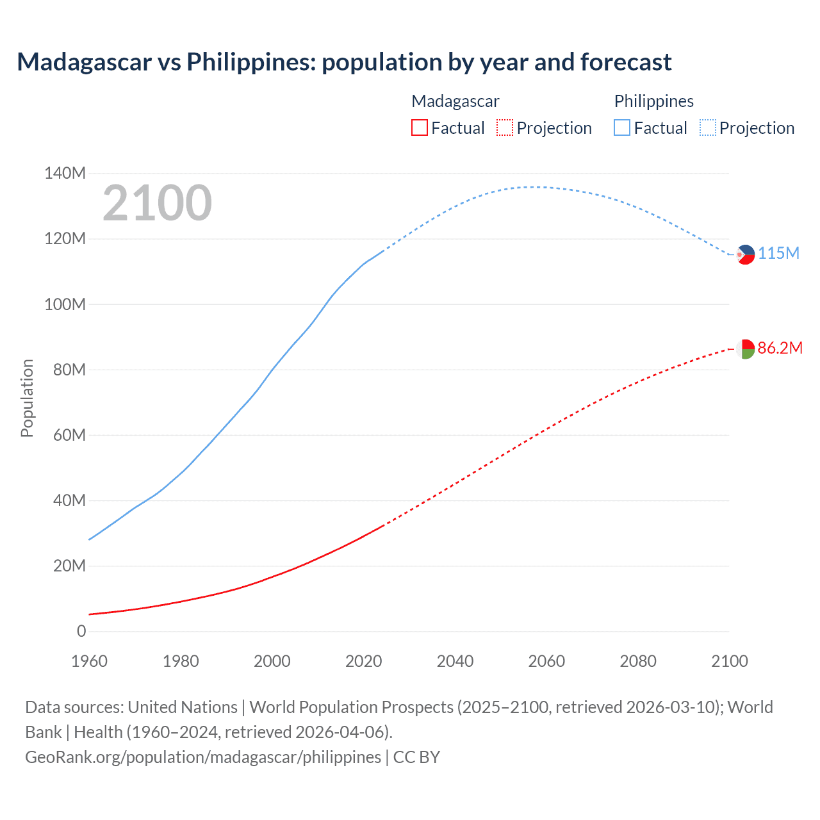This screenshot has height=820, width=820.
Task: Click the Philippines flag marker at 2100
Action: (746, 254)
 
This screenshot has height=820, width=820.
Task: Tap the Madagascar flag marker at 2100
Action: (745, 349)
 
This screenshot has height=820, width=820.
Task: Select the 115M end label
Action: (778, 253)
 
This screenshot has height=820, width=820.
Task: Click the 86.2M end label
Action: (780, 348)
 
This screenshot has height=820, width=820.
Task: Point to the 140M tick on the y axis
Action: (65, 173)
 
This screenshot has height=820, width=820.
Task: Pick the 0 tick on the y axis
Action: (81, 631)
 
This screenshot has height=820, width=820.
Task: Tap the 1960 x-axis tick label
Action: (89, 661)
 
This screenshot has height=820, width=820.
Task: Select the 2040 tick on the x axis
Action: (455, 661)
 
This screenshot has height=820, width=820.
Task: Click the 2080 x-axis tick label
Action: (638, 661)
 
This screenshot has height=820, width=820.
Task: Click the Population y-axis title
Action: (27, 398)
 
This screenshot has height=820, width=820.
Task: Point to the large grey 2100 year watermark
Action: (157, 203)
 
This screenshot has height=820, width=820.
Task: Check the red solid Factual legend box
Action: (419, 127)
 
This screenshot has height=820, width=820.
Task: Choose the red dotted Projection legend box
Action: (505, 127)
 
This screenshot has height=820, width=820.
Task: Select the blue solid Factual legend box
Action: (622, 127)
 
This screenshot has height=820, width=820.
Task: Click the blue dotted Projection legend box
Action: (707, 127)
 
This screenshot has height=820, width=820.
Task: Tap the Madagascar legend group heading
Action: (455, 101)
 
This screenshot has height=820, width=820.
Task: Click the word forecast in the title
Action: (626, 62)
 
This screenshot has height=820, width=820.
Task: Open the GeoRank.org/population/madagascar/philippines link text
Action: (203, 757)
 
